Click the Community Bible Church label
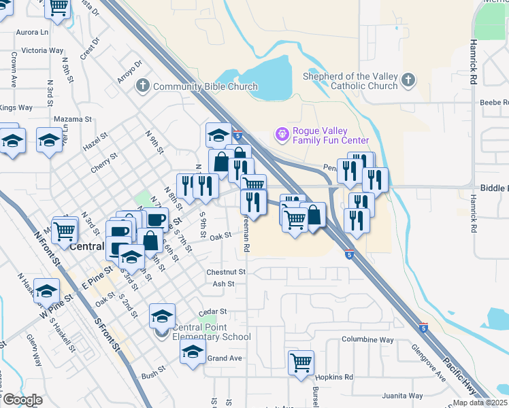205,86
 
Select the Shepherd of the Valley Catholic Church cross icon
408,81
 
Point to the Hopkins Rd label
338,377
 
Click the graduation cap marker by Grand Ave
193,351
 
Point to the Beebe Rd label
494,102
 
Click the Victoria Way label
42,50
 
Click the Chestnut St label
225,272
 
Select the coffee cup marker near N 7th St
156,219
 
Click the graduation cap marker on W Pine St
47,290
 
